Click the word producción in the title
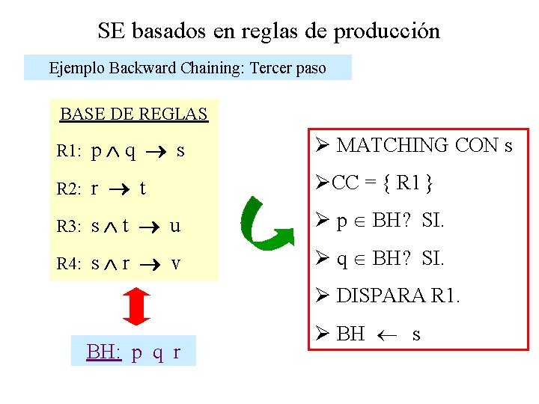point(386,31)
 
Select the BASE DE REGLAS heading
point(133,114)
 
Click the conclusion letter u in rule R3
point(174,226)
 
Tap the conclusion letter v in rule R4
point(175,263)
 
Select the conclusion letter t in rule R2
point(142,189)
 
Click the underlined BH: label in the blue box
point(104,352)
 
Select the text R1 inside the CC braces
point(405,183)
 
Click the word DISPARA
point(381,296)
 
